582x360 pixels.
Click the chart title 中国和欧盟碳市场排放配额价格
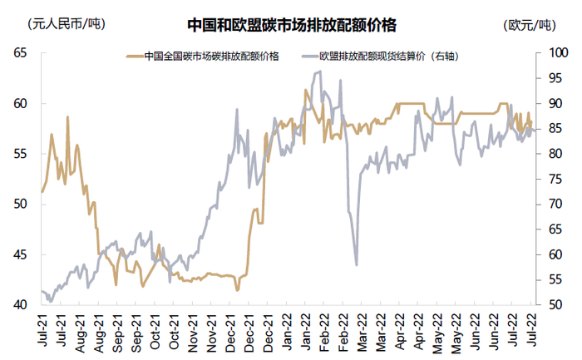tap(291, 24)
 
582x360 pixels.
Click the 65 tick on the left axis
tap(19, 53)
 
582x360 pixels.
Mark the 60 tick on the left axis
tap(19, 104)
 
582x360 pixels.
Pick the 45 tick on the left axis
tap(19, 254)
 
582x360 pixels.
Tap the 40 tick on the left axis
tap(19, 305)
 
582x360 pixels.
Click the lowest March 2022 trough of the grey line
tap(357, 264)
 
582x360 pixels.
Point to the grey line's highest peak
tap(320, 72)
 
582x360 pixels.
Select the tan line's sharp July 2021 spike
tap(67, 117)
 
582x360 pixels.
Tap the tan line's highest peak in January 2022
tap(305, 90)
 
